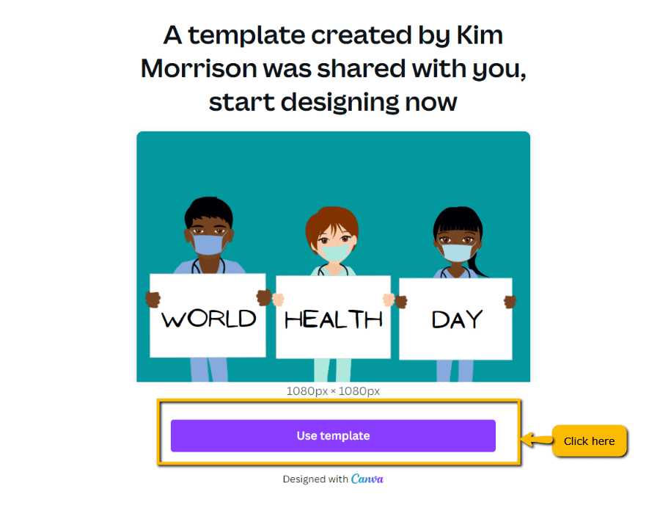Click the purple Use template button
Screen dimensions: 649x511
pyautogui.click(x=333, y=435)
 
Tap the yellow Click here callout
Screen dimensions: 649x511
pyautogui.click(x=590, y=441)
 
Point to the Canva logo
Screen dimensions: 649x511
pyautogui.click(x=367, y=479)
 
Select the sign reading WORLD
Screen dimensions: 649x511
pyautogui.click(x=208, y=316)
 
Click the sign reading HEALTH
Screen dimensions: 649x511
pyautogui.click(x=333, y=317)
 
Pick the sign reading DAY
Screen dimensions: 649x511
pyautogui.click(x=455, y=319)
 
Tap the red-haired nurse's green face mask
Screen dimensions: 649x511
pyautogui.click(x=335, y=251)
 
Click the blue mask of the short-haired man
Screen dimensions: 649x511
pyautogui.click(x=208, y=244)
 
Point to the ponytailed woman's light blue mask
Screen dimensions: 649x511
pyautogui.click(x=457, y=253)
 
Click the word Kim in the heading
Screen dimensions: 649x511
pyautogui.click(x=480, y=35)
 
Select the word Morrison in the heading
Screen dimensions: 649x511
pyautogui.click(x=199, y=68)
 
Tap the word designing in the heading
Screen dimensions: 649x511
pyautogui.click(x=340, y=103)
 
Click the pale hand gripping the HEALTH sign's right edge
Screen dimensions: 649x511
pyautogui.click(x=389, y=300)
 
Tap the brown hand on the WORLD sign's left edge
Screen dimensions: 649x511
pyautogui.click(x=153, y=300)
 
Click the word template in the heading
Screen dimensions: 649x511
pyautogui.click(x=246, y=35)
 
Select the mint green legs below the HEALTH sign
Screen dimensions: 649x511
pyautogui.click(x=332, y=370)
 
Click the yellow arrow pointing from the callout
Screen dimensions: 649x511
pyautogui.click(x=536, y=439)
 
